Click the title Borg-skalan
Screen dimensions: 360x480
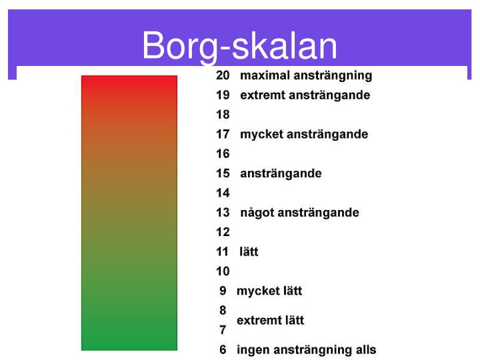(239, 46)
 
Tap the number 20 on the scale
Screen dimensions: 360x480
(223, 76)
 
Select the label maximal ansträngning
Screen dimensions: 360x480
(306, 76)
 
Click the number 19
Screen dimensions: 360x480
(223, 95)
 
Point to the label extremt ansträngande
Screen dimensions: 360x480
(305, 95)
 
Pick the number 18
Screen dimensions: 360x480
(223, 115)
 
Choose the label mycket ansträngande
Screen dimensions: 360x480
(304, 135)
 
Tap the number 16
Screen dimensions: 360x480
(223, 154)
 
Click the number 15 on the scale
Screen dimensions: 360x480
(223, 173)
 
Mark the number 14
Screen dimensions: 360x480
(223, 193)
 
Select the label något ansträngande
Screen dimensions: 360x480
(299, 213)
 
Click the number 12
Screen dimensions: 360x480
(223, 232)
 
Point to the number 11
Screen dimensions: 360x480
(223, 252)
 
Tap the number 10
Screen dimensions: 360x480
(223, 271)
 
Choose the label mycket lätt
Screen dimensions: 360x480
(269, 291)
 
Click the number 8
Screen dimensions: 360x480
(223, 310)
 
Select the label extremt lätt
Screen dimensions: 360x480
(270, 321)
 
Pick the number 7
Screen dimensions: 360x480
(223, 330)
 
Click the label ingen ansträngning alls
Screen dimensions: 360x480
(307, 350)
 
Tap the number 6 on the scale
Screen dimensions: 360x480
(223, 350)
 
